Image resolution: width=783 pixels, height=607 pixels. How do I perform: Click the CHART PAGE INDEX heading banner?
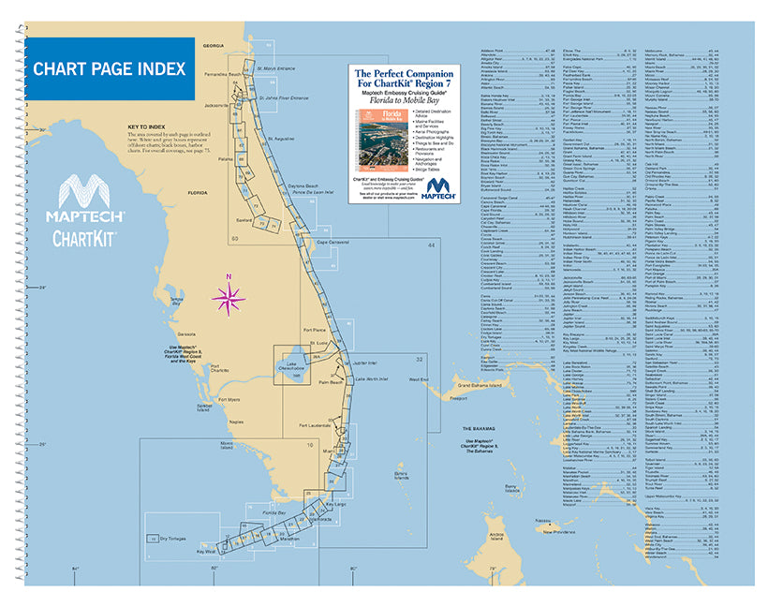point(108,69)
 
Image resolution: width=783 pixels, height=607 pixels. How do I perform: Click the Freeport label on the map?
point(432,397)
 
